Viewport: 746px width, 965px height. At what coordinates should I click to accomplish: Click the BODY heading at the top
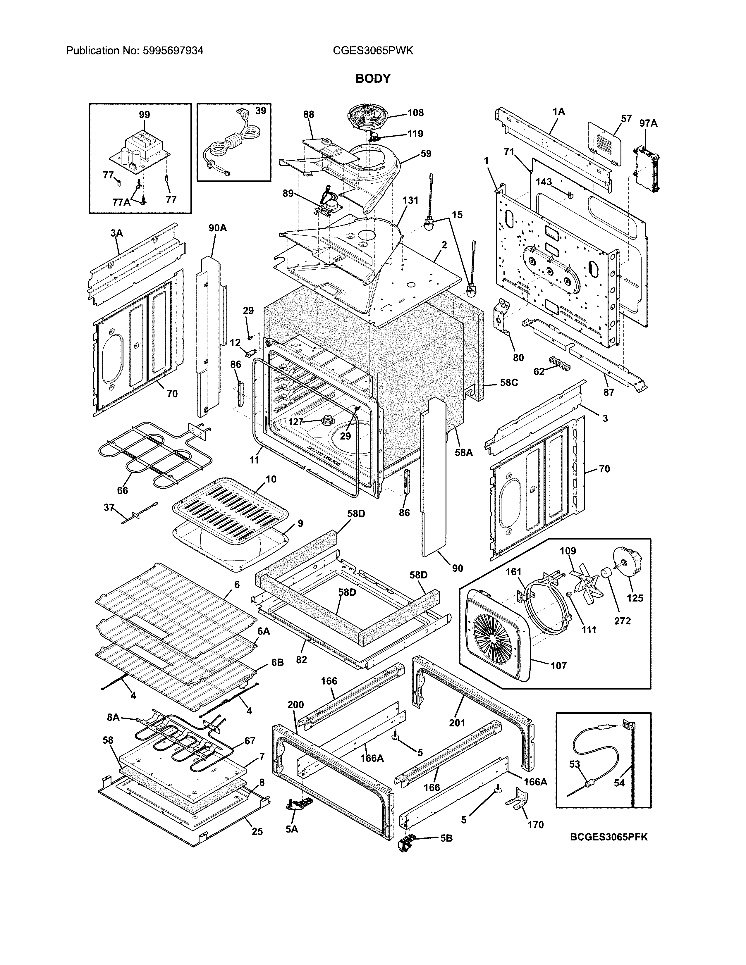pyautogui.click(x=373, y=79)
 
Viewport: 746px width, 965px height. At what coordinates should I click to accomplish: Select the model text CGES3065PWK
pyautogui.click(x=373, y=51)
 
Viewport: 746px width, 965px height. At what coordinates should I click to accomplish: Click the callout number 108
pyautogui.click(x=415, y=113)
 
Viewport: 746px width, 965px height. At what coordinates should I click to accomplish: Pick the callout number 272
pyautogui.click(x=622, y=621)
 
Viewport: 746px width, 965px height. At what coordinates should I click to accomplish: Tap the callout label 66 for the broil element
pyautogui.click(x=122, y=490)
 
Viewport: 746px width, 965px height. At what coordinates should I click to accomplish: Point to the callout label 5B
pyautogui.click(x=446, y=838)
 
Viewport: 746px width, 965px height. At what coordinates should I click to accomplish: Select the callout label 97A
pyautogui.click(x=648, y=123)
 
